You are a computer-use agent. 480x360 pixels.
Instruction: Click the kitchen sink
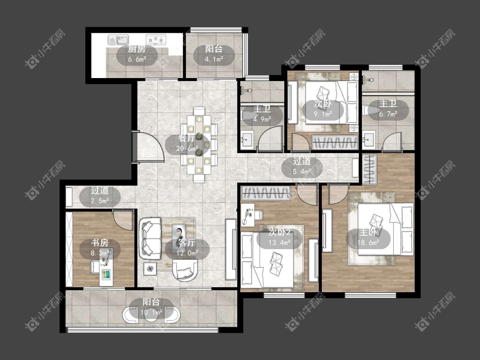point(118,40)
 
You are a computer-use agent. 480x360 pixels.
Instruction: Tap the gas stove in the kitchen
point(156,39)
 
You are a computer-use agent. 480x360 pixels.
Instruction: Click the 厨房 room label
point(137,49)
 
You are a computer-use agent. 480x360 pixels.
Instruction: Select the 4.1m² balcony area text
point(214,59)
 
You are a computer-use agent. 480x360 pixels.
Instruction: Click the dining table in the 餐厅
point(199,145)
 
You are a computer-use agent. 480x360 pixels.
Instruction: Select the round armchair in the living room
point(185,270)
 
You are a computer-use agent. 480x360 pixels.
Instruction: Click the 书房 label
point(100,243)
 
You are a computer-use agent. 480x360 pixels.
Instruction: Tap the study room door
point(123,220)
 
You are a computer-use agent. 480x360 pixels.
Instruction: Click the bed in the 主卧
point(386,229)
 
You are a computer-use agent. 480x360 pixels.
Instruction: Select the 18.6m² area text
point(368,243)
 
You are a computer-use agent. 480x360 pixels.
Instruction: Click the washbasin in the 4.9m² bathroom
point(247,140)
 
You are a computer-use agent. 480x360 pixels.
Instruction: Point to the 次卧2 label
point(279,232)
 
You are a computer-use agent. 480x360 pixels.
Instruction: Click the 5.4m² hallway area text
point(302,171)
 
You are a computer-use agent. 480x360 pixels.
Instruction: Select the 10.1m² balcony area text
point(151,313)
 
